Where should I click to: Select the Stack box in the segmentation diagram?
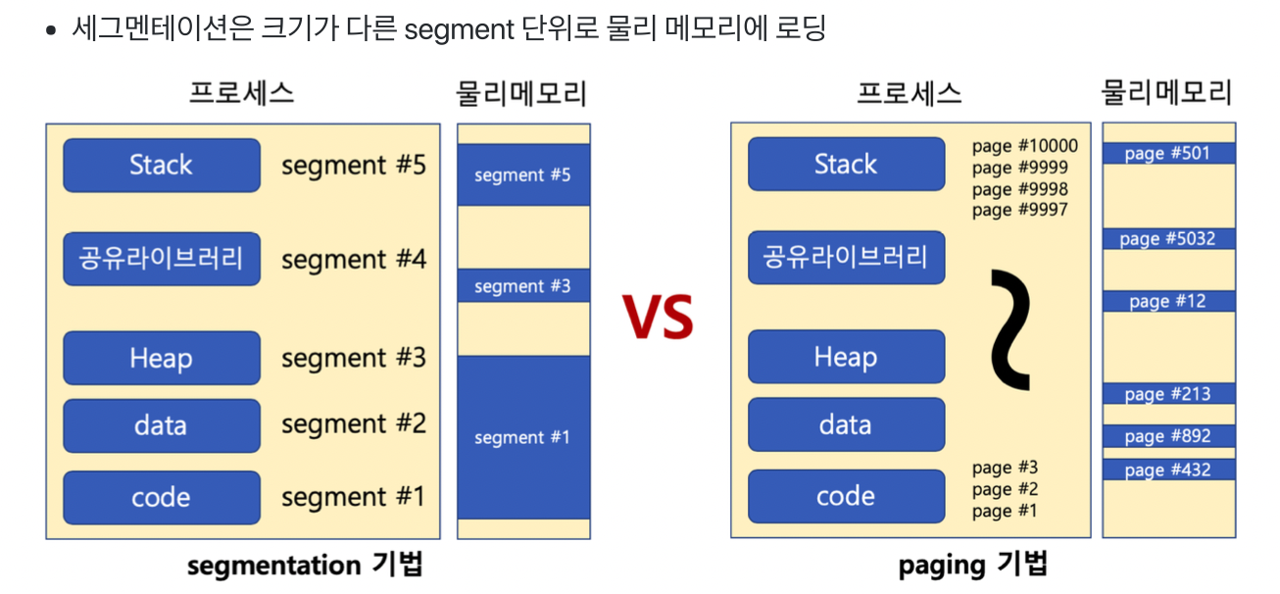(162, 165)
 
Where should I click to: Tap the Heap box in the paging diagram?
(846, 357)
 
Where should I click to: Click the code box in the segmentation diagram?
(162, 497)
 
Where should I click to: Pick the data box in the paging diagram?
(846, 424)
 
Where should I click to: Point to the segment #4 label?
(354, 260)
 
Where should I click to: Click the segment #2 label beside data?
(354, 424)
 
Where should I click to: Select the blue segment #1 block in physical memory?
(523, 437)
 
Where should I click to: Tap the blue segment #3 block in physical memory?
(523, 286)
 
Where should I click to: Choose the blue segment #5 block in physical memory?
(523, 175)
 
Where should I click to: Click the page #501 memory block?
(1167, 154)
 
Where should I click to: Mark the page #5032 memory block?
(1167, 239)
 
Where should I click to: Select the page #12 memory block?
(1167, 301)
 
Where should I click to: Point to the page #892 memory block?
(1167, 436)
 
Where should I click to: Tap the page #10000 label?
(1024, 146)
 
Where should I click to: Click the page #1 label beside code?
(1004, 511)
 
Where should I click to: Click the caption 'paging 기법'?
(972, 565)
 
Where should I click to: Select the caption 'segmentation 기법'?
(305, 566)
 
